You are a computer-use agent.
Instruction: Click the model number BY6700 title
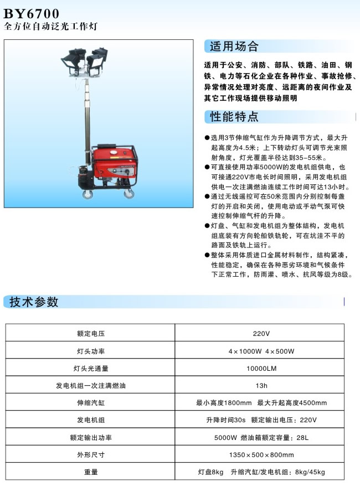(32, 13)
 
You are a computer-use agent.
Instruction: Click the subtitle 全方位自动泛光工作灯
(53, 27)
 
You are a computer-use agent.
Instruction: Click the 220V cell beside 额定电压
(261, 334)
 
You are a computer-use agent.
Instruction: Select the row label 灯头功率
(91, 351)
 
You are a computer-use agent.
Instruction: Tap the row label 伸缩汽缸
(91, 403)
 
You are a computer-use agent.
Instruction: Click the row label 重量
(91, 472)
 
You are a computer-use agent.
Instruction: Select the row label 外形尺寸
(91, 455)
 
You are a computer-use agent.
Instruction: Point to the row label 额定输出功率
(91, 438)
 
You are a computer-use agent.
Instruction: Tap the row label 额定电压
(91, 334)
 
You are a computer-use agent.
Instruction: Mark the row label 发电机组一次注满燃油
(91, 386)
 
